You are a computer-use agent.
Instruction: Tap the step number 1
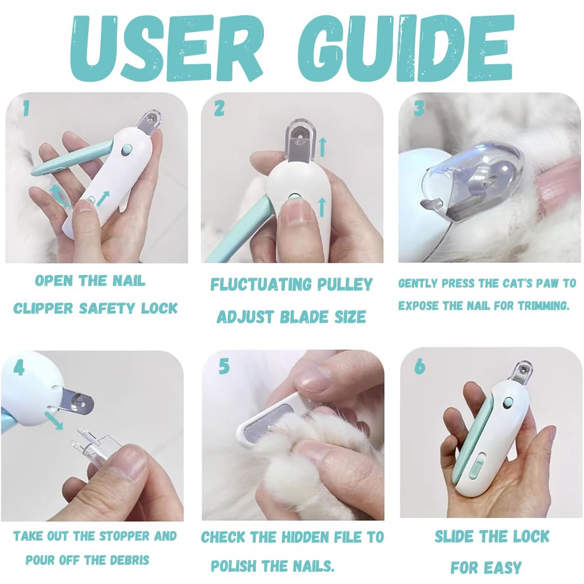coord(26,108)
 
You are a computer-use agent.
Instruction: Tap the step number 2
coord(220,109)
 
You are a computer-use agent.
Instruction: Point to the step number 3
coord(418,109)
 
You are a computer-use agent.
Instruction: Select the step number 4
coord(19,368)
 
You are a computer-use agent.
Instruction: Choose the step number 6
coord(419,367)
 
